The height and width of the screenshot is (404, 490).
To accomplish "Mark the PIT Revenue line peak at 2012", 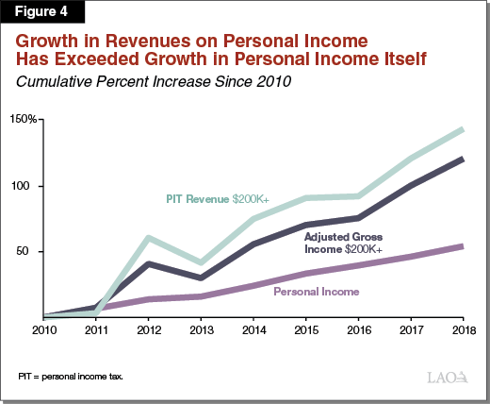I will (150, 237).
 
